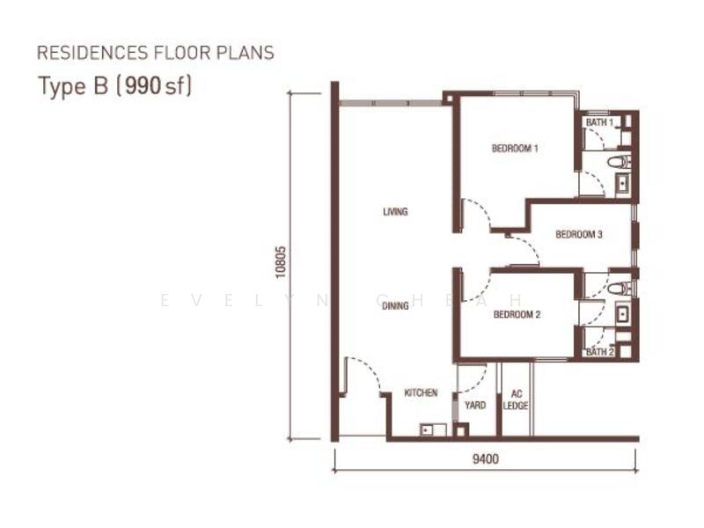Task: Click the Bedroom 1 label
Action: (515, 148)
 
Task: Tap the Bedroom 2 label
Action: (517, 314)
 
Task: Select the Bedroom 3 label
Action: (579, 234)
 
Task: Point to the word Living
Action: (395, 211)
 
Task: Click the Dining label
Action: (395, 305)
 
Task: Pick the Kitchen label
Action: (421, 392)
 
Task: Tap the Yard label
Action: (475, 406)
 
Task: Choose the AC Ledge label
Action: (516, 400)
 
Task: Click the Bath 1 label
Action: (599, 122)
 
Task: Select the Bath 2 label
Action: (600, 352)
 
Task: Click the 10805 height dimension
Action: (280, 262)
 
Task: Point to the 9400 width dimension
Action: (486, 458)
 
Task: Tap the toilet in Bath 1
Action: (620, 161)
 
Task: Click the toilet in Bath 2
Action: (620, 289)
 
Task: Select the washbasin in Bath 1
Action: (623, 184)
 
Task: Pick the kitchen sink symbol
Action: (433, 429)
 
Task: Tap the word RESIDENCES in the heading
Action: (92, 53)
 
